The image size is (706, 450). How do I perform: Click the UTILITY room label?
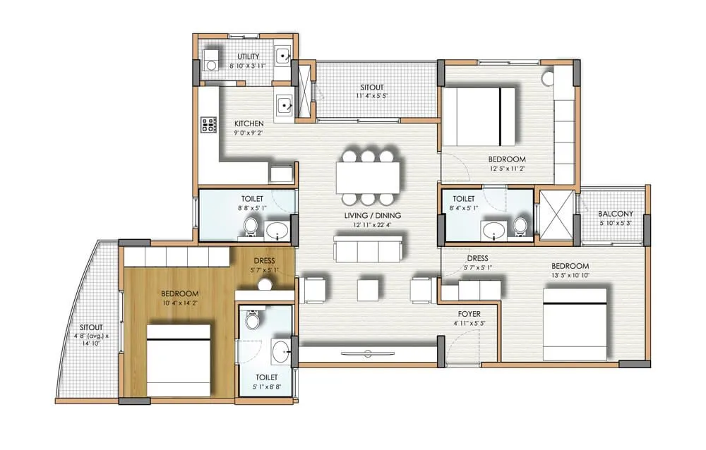pos(248,56)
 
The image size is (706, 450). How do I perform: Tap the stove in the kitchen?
pos(209,125)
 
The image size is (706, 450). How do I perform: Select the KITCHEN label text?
pos(249,123)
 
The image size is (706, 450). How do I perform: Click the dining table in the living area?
pos(368,178)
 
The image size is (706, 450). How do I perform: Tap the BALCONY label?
pos(615,214)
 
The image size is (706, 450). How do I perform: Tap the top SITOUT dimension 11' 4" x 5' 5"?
pos(373,95)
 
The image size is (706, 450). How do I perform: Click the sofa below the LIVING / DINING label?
pos(368,249)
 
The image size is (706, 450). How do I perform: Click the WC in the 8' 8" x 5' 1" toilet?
pos(251,226)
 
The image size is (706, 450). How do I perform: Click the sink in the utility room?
pos(284,56)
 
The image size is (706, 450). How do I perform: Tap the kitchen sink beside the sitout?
pos(284,105)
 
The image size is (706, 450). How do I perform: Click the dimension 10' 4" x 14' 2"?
pos(179,303)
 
